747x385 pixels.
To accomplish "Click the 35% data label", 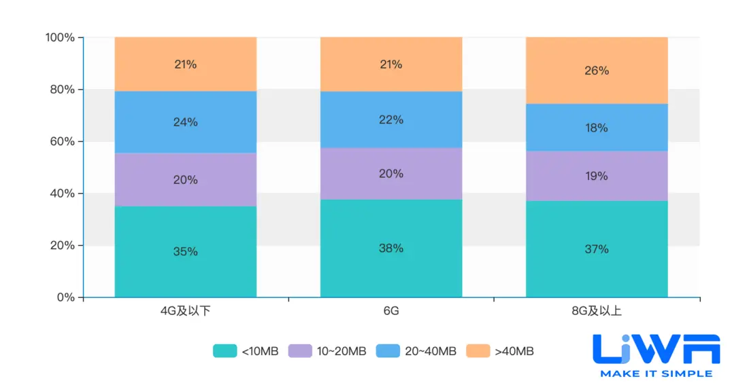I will tap(186, 251).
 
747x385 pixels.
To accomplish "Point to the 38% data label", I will tap(391, 249).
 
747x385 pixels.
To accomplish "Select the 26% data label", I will tap(597, 71).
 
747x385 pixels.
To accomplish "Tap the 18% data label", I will tap(597, 128).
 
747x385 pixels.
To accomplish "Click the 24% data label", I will tap(186, 122).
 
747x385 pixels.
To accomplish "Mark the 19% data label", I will tap(597, 176).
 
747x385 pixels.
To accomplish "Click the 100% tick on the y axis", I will tap(60, 37).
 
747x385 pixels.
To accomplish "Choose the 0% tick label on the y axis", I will tap(65, 297).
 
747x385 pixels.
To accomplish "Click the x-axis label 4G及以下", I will tap(185, 312).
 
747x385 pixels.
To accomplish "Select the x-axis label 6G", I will tap(391, 312).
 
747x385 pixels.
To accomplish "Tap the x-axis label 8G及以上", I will tap(597, 312).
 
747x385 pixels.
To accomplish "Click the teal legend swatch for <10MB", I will tap(225, 351).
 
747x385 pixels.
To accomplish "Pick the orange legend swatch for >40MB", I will tap(478, 351).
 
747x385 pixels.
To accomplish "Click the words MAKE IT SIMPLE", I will tap(656, 373).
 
